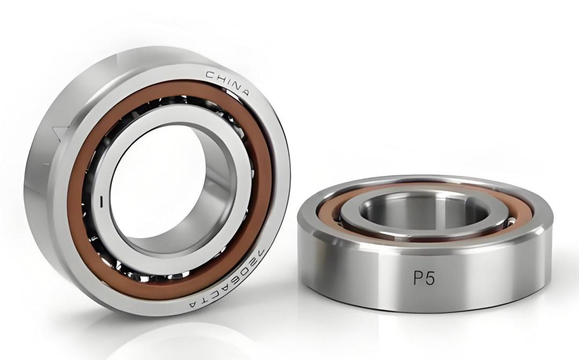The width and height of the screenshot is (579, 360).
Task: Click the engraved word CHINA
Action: [x=227, y=82]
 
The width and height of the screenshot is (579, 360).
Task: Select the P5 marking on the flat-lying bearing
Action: [x=424, y=278]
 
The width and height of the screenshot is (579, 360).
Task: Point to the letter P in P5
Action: [x=418, y=278]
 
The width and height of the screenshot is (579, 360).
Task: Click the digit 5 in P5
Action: [x=430, y=279]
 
